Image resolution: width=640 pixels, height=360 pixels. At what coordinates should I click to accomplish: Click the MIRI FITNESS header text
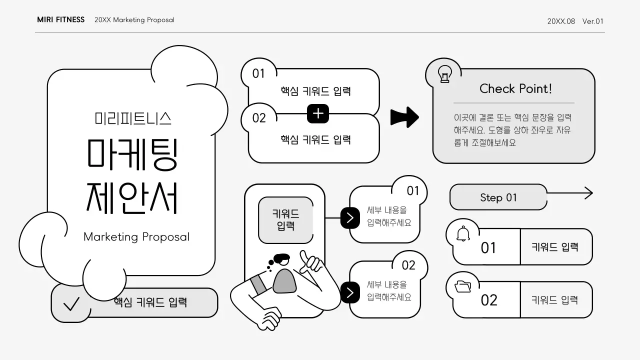click(x=60, y=20)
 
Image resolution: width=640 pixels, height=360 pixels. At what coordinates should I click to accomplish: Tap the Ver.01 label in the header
click(x=593, y=21)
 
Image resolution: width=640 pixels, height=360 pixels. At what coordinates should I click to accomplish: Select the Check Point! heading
click(x=515, y=88)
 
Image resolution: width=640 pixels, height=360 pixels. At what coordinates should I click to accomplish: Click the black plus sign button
click(x=318, y=114)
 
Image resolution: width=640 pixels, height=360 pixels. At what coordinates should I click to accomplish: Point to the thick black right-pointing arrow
click(x=404, y=117)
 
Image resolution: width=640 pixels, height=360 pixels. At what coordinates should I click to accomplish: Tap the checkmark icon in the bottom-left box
click(x=71, y=303)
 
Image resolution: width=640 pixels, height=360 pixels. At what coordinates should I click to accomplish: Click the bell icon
click(x=463, y=233)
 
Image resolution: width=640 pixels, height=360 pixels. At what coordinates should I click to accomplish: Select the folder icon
click(x=463, y=286)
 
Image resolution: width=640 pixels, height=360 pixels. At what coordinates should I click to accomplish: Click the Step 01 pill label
click(x=498, y=197)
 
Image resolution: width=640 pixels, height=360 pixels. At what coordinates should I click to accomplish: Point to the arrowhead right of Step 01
click(x=588, y=193)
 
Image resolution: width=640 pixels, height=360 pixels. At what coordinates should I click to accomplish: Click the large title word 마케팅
click(x=132, y=152)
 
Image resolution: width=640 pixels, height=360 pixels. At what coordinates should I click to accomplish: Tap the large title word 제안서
click(x=132, y=198)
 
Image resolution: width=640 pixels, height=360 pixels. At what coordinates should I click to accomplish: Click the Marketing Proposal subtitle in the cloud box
click(x=136, y=236)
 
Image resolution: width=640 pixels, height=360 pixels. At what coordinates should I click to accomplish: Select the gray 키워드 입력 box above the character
click(x=285, y=220)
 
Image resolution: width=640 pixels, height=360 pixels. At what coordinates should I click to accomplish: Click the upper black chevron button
click(x=350, y=218)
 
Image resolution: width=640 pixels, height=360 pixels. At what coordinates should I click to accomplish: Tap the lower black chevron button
click(x=350, y=292)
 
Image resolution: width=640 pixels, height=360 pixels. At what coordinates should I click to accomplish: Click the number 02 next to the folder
click(x=489, y=300)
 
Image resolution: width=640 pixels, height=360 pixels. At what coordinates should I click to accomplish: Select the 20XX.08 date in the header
click(x=561, y=21)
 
